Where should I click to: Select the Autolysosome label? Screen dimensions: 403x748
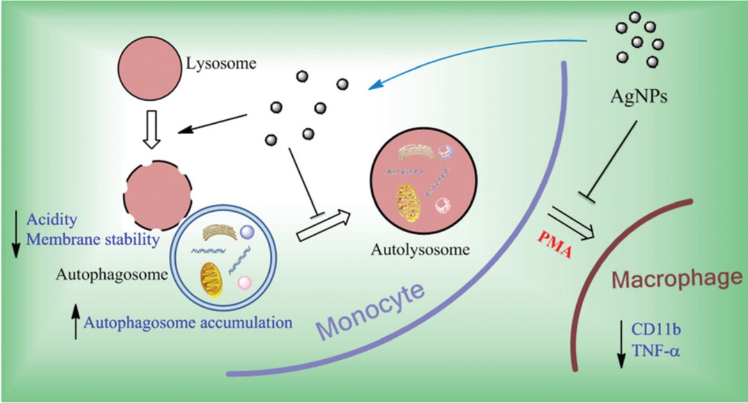point(421,250)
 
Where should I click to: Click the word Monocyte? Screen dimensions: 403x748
point(372,311)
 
